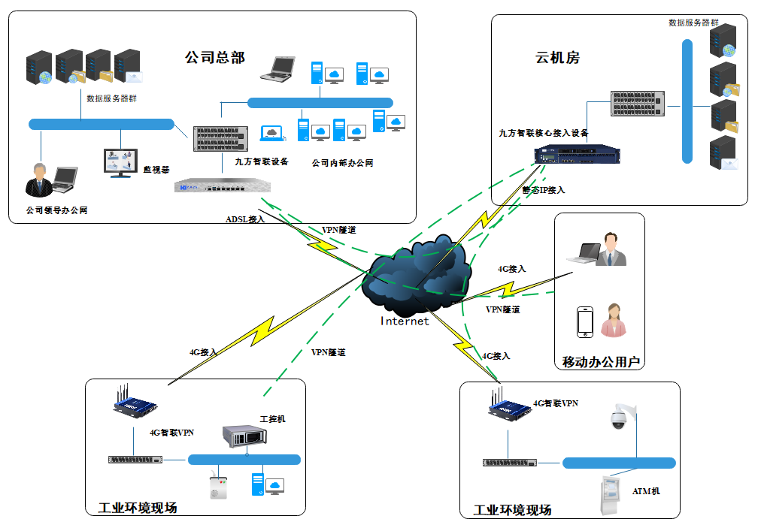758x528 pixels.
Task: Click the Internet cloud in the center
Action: (415, 275)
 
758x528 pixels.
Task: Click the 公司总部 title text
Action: (215, 58)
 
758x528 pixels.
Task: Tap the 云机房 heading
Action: (557, 58)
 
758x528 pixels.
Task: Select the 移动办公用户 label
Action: (601, 361)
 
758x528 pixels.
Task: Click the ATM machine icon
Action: (611, 495)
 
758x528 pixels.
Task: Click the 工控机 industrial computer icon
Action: (244, 436)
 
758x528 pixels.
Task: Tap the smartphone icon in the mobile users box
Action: (585, 322)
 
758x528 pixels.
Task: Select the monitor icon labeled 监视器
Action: (120, 163)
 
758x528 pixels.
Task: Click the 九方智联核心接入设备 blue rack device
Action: (577, 155)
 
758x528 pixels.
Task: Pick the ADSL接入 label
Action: (245, 219)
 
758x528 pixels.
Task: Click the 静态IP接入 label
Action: (544, 190)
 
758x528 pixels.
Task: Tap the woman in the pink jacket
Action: (614, 320)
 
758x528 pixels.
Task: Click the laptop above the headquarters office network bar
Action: (278, 69)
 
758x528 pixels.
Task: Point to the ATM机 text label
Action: (646, 491)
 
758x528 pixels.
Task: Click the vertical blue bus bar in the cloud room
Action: (687, 101)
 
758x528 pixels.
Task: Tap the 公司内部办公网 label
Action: (342, 163)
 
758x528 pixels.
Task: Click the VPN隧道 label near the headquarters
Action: (339, 231)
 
